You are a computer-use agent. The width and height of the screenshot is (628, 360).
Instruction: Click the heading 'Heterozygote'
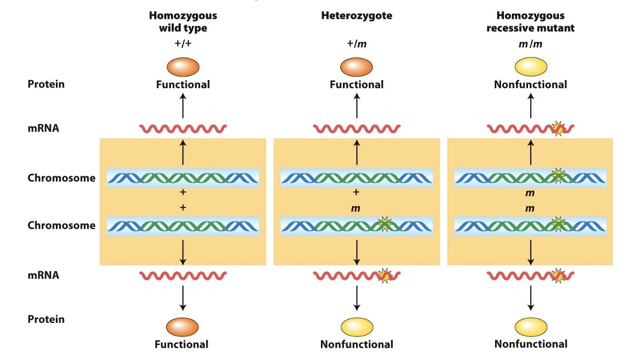coord(356,16)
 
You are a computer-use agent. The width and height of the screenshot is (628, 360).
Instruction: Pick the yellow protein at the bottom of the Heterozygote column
coord(357,326)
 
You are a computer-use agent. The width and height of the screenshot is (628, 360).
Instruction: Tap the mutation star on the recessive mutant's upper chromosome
coord(559,176)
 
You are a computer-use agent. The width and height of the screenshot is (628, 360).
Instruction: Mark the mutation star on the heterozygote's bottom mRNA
coord(385,276)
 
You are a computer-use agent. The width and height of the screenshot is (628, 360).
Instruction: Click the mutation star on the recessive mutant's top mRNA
coord(559,128)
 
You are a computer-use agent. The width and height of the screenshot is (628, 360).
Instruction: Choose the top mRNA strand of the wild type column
coord(183,129)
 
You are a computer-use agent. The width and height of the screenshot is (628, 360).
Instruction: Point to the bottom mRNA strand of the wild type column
coord(183,276)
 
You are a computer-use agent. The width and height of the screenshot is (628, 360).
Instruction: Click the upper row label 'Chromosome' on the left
coord(61,178)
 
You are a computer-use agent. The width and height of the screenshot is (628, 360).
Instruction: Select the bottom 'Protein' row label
coord(46,319)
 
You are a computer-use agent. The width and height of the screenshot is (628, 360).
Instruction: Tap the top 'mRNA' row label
coord(44,129)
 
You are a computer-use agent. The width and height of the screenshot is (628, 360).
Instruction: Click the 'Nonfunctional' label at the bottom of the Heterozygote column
coord(356,344)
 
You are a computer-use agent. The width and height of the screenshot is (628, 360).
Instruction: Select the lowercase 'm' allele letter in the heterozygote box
coord(356,208)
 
